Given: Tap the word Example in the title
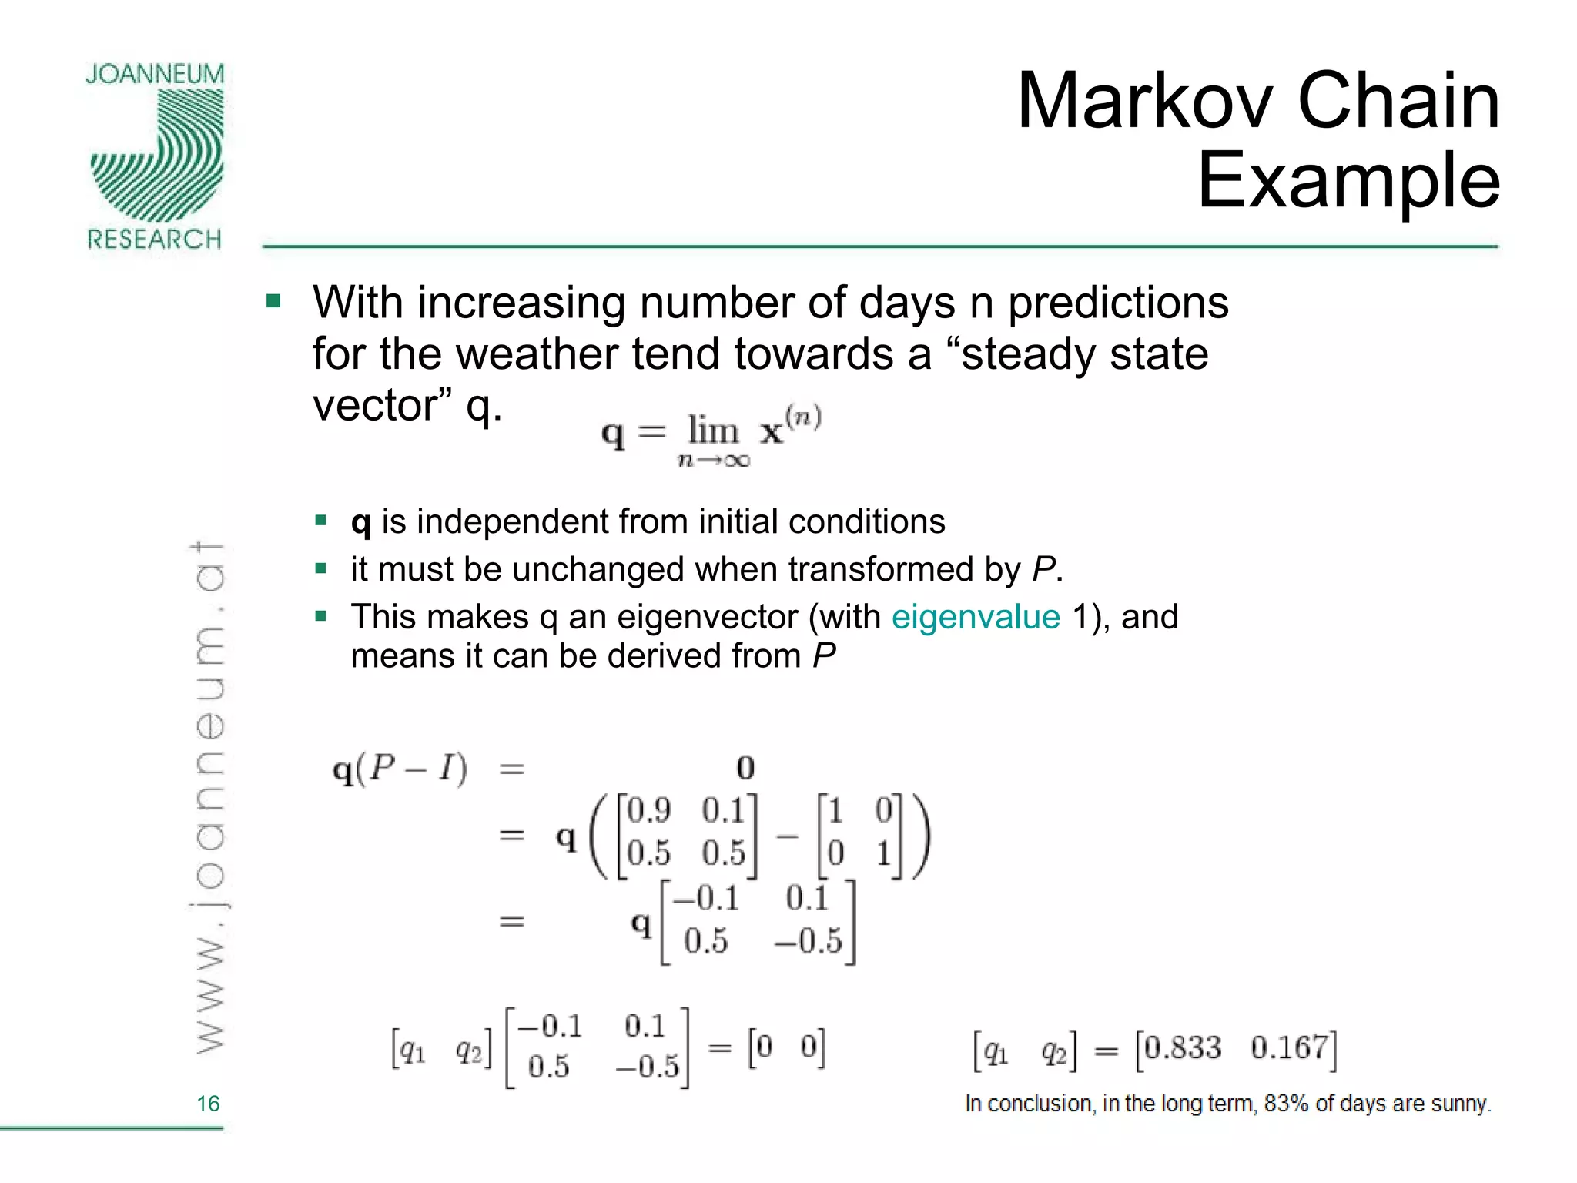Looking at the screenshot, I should (x=1348, y=182).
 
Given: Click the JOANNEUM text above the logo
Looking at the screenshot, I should (x=155, y=75).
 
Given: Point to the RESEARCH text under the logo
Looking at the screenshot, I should (x=155, y=240).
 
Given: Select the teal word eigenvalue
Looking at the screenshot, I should (x=976, y=617).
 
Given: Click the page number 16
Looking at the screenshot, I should (x=208, y=1104).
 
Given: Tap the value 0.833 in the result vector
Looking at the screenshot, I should (x=1183, y=1048).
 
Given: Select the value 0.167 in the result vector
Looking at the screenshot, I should (x=1289, y=1048).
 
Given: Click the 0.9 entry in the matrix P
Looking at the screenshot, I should (x=648, y=811).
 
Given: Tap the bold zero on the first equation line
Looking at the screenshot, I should (x=745, y=767).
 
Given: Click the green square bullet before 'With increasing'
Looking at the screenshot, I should (x=273, y=300).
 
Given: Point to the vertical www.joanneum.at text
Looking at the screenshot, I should (x=208, y=797).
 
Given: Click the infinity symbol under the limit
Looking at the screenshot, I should (x=736, y=461).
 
